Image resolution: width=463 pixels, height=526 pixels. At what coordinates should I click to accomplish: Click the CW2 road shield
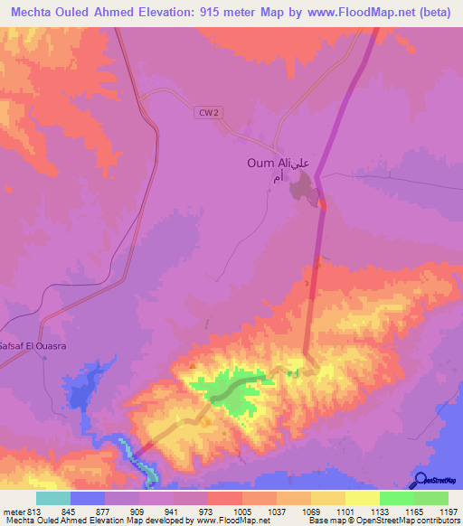point(208,111)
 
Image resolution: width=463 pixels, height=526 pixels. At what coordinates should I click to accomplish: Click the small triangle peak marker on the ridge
point(193,365)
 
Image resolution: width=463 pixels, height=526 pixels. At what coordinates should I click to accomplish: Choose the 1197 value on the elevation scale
point(449,512)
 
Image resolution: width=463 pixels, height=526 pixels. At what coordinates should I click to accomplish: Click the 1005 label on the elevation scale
point(242,512)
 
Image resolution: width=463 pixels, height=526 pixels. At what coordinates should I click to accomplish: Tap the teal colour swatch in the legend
point(53,498)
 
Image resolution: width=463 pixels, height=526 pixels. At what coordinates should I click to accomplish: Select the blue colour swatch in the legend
point(88,498)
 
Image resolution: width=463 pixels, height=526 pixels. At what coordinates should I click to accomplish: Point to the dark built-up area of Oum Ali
point(304,189)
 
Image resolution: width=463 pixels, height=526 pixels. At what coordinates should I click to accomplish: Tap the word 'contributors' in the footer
point(438,521)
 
